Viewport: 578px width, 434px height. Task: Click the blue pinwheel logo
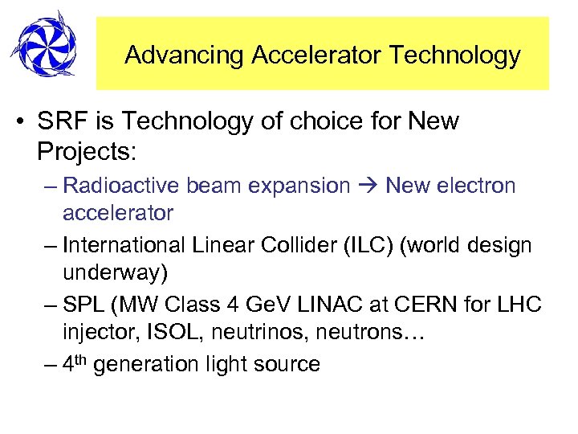[43, 44]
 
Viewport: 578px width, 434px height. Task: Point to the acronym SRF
[59, 122]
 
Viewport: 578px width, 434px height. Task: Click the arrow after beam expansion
[368, 186]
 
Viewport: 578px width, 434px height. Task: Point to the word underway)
[116, 272]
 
